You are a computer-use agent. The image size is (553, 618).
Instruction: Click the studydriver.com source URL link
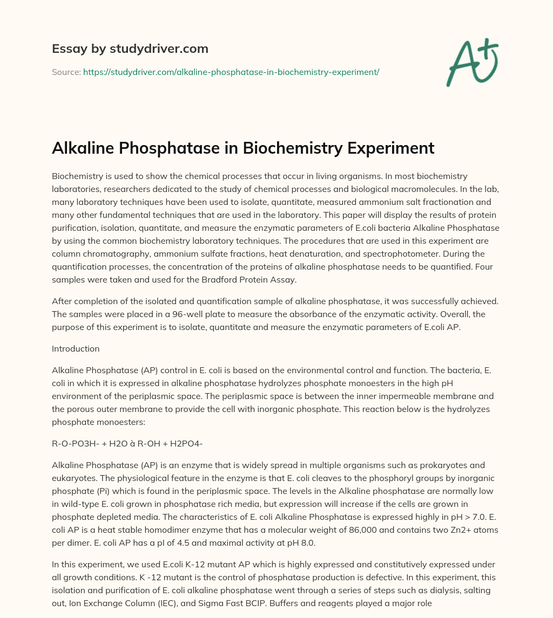coord(231,72)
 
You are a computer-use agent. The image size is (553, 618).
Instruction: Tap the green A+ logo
coord(471,63)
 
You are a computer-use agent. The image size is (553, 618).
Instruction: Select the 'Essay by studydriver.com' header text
coord(130,49)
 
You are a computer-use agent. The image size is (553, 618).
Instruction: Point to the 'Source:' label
coord(66,72)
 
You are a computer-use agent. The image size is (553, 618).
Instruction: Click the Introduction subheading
coord(76,348)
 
